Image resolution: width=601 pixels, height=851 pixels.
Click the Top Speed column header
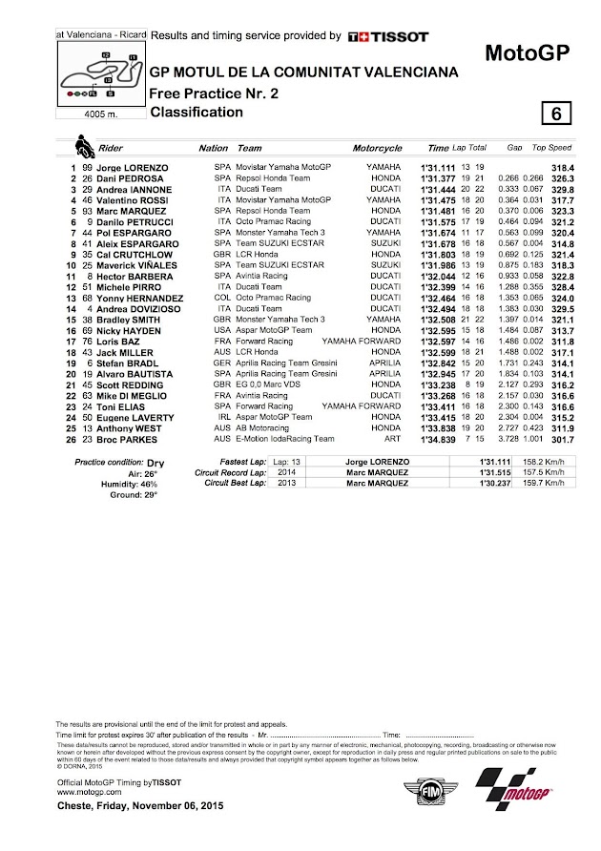coord(551,149)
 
